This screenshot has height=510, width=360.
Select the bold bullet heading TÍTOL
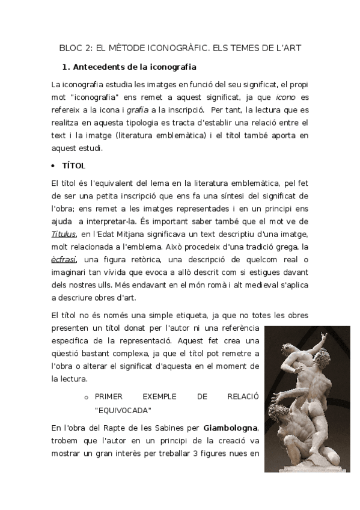click(x=74, y=165)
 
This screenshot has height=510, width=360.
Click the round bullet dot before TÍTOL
click(x=55, y=165)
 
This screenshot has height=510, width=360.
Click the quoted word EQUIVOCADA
click(x=123, y=410)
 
